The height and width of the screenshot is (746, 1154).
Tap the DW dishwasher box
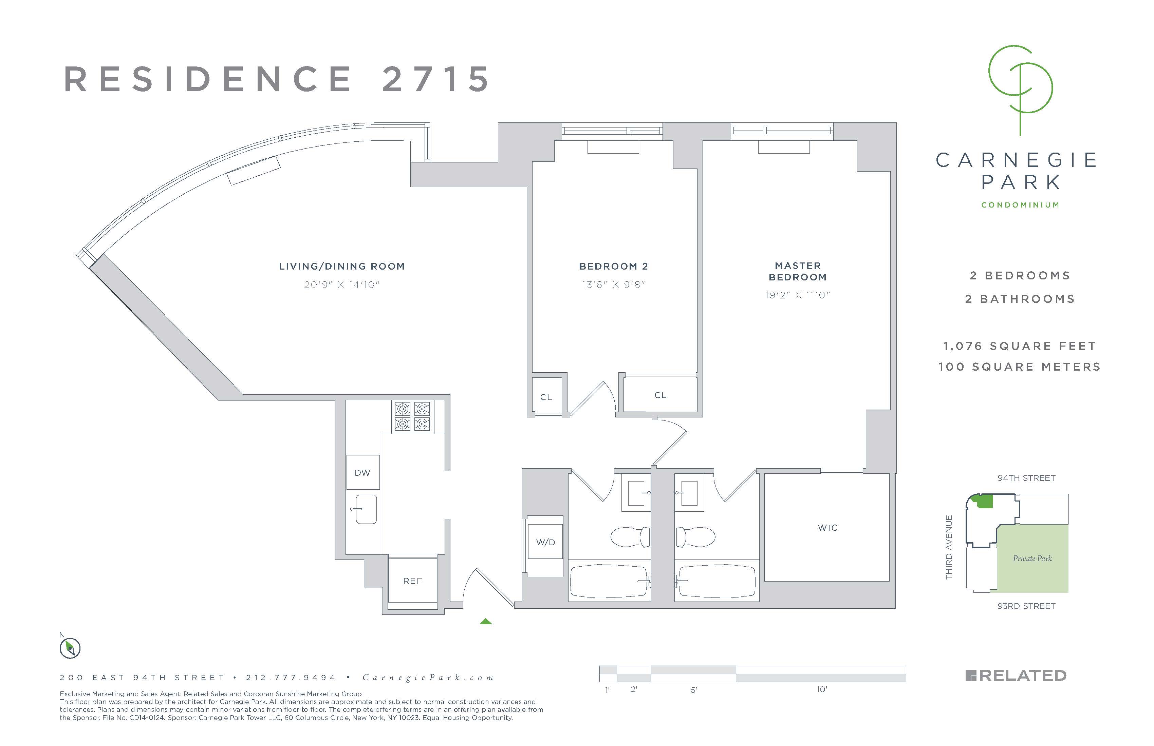362,472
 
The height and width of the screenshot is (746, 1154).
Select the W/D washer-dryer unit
545,542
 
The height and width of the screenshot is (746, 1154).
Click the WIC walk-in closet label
828,528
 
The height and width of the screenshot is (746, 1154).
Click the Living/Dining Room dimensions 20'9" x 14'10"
341,285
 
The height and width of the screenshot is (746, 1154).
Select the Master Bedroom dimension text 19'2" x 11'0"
797,295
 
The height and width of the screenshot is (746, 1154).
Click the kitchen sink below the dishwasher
365,509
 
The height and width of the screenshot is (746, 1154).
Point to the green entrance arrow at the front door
485,622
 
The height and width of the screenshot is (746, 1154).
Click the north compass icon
70,648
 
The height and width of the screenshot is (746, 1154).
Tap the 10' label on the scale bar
821,689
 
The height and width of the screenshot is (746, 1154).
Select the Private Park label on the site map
1032,558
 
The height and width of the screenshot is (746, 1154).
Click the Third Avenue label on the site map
949,547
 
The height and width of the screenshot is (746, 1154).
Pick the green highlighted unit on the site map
984,502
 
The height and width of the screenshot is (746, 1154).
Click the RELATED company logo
1016,676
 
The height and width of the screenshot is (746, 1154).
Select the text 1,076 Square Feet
1019,346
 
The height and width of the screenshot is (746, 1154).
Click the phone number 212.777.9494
291,678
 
